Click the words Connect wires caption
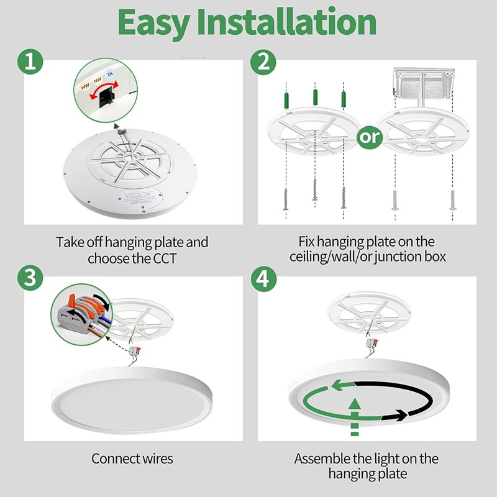132,459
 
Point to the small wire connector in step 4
373,342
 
